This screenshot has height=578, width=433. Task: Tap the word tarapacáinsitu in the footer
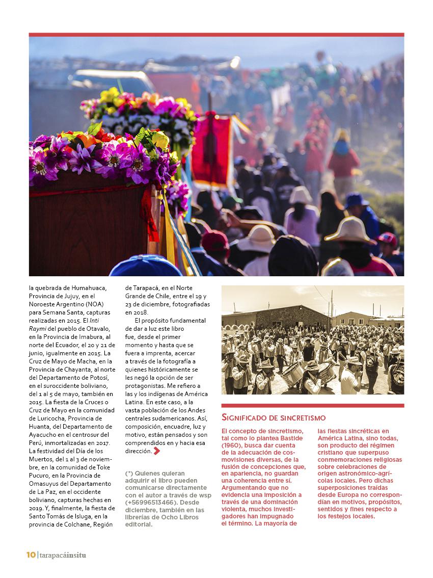63,555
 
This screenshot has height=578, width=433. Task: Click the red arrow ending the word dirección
157,451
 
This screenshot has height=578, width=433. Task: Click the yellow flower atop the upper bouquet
109,95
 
